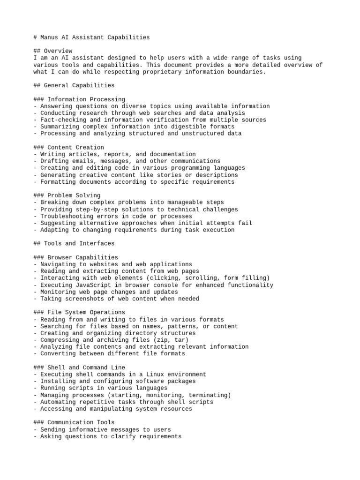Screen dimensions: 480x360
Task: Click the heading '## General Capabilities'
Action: coord(74,85)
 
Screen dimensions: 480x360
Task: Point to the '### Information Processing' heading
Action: coord(79,99)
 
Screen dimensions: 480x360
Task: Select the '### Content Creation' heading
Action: coord(68,148)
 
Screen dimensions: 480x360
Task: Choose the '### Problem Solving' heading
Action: coord(67,195)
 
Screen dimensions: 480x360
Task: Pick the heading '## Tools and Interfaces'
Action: coord(74,244)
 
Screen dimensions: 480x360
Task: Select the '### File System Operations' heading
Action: coord(79,312)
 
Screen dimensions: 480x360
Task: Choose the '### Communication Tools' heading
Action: coord(74,422)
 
